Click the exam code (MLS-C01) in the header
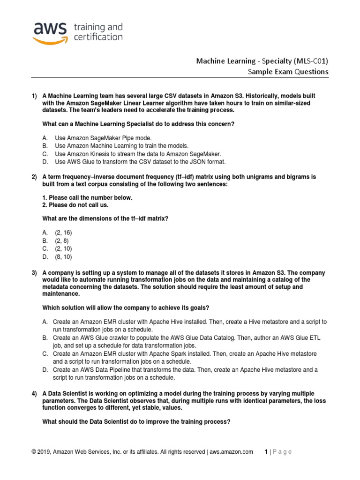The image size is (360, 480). pyautogui.click(x=311, y=60)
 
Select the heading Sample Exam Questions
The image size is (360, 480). pyautogui.click(x=288, y=72)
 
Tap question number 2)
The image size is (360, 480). pyautogui.click(x=34, y=177)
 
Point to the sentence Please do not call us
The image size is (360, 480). pyautogui.click(x=84, y=205)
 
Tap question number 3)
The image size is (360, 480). pyautogui.click(x=34, y=273)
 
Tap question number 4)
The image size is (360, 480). pyautogui.click(x=34, y=393)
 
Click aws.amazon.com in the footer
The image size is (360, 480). pyautogui.click(x=231, y=452)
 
